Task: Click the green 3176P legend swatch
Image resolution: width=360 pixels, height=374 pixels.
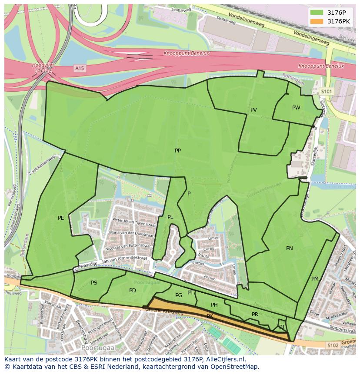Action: tap(317, 13)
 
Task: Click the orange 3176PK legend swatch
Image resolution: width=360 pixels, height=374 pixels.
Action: tap(317, 21)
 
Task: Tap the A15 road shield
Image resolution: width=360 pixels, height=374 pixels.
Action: tap(79, 68)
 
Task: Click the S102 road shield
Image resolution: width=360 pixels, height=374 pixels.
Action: tap(333, 345)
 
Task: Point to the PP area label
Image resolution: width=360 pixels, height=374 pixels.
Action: tap(177, 151)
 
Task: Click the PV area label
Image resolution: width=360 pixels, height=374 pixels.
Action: tap(253, 110)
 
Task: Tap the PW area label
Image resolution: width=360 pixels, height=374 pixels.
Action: tap(296, 108)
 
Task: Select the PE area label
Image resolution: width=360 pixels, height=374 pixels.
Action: tap(61, 218)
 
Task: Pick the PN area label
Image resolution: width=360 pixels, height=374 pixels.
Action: tap(289, 248)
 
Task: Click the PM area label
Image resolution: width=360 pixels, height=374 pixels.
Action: tap(315, 279)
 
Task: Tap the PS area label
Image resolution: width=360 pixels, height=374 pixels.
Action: tap(94, 283)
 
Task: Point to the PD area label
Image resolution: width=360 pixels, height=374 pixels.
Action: tap(133, 291)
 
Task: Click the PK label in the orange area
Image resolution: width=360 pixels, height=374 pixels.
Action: tap(210, 316)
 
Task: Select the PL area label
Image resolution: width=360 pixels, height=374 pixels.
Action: tap(170, 217)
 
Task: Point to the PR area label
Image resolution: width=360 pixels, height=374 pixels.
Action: tap(255, 314)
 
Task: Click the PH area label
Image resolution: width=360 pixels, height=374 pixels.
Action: tap(214, 305)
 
